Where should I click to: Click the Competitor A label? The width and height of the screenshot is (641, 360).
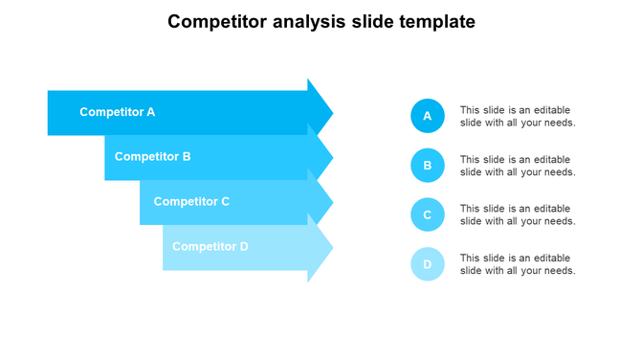[117, 112]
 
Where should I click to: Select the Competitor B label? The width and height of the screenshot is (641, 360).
[152, 156]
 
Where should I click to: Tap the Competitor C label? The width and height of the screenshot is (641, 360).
[191, 201]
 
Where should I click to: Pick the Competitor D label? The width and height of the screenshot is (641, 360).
[210, 246]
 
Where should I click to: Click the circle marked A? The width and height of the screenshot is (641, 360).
[428, 116]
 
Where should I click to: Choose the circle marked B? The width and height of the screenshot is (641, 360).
[428, 165]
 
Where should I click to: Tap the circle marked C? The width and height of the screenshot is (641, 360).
[428, 214]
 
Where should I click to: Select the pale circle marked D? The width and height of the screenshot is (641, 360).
[428, 264]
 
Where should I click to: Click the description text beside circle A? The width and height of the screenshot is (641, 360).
[518, 116]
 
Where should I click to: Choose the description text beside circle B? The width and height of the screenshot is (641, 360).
[518, 166]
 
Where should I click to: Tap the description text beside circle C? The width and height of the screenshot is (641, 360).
[518, 214]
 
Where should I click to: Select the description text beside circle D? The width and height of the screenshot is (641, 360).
[518, 264]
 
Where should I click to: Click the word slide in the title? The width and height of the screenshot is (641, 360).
[375, 22]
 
